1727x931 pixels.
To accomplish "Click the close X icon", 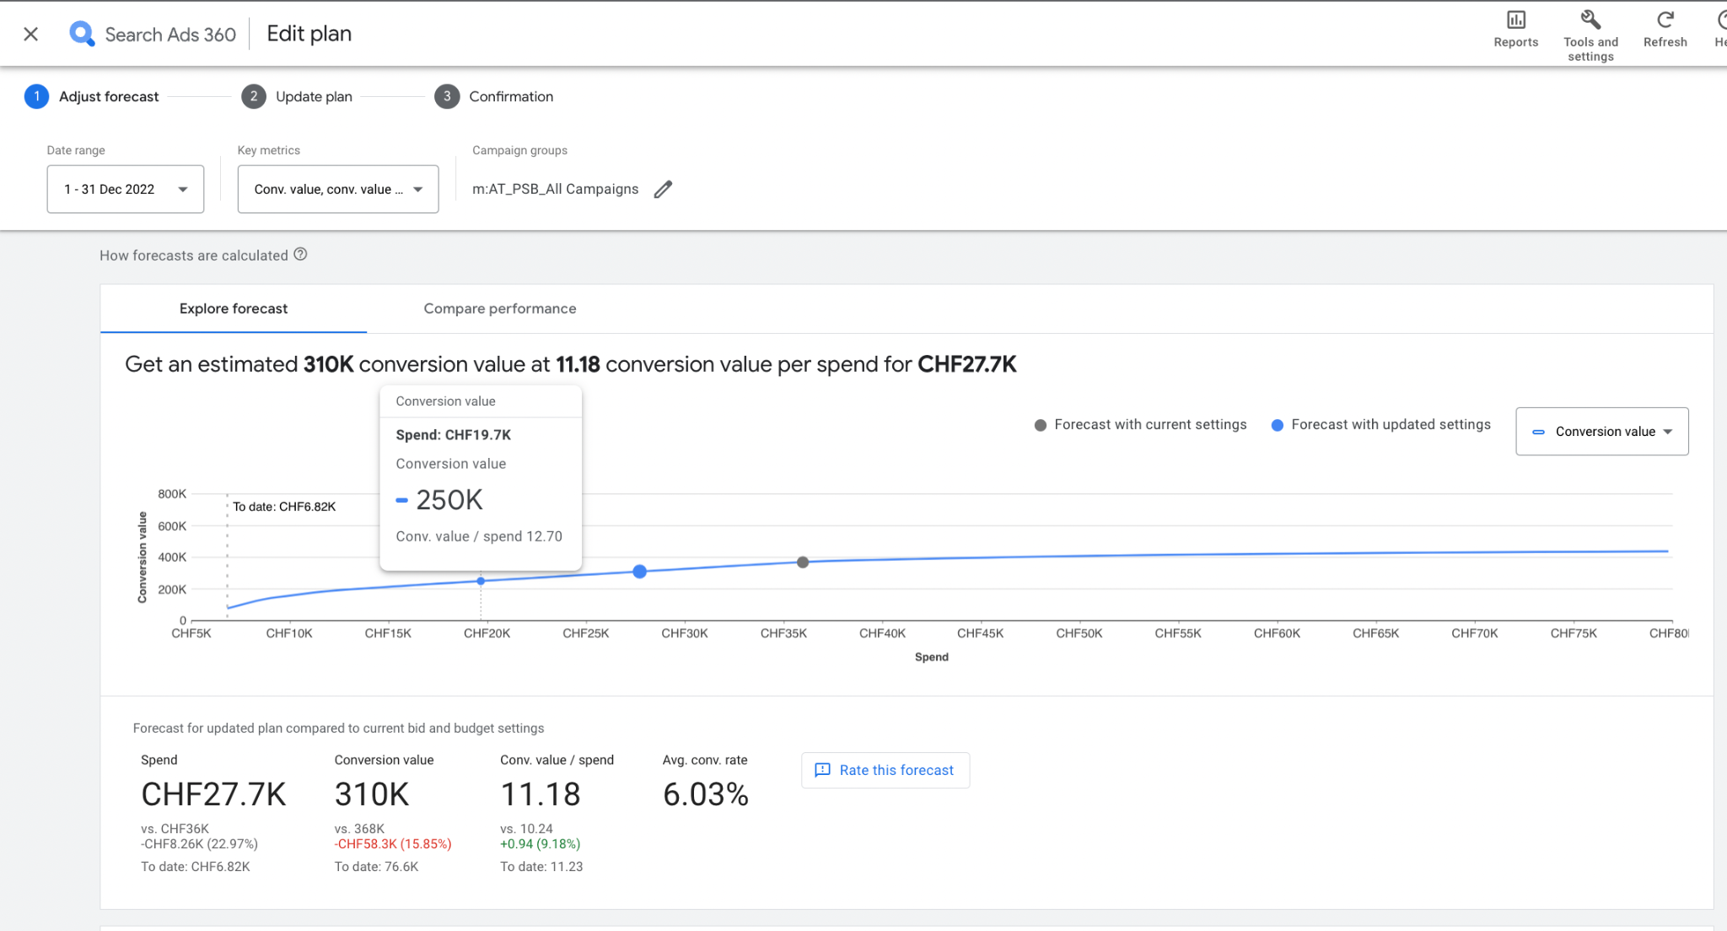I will click(x=31, y=35).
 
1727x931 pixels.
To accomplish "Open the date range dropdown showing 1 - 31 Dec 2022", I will click(x=126, y=189).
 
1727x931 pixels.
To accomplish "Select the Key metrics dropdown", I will click(x=337, y=189).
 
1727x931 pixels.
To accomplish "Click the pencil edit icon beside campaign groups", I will click(x=664, y=189).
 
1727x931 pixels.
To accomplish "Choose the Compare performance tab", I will click(x=499, y=309).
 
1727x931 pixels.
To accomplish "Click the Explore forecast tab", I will click(x=234, y=309).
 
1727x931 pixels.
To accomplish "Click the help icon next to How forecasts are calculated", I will click(x=300, y=255).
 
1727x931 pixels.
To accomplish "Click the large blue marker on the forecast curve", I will click(x=640, y=572).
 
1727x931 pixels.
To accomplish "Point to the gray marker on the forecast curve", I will click(x=803, y=562).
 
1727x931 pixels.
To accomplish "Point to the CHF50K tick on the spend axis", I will click(x=1079, y=633).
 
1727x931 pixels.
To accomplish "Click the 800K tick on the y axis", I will click(x=172, y=494).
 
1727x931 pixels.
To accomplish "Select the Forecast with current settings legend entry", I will click(x=1140, y=425).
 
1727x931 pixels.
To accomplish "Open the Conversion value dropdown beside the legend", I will click(x=1601, y=432).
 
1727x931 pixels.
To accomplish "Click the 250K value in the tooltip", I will click(x=449, y=500).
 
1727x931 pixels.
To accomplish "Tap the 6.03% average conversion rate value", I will click(x=705, y=794).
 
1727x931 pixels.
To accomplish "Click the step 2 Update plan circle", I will click(x=254, y=97).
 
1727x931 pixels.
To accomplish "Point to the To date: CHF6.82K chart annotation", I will click(x=284, y=507).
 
